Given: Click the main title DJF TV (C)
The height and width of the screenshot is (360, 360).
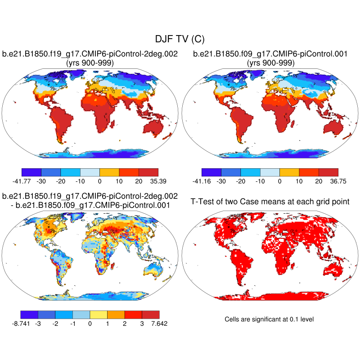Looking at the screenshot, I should tap(180, 40).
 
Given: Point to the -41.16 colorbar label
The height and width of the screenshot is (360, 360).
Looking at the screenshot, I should tap(202, 181).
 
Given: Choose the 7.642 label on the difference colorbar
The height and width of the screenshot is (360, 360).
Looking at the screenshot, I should tap(158, 323).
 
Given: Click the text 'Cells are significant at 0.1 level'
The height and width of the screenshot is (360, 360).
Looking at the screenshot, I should tap(269, 319).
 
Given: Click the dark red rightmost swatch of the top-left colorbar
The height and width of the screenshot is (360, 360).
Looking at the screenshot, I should tap(148, 172).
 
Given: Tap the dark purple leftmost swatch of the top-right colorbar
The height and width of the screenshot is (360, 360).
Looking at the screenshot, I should tap(211, 172).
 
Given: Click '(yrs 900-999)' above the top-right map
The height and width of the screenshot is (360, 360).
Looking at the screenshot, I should tap(270, 63).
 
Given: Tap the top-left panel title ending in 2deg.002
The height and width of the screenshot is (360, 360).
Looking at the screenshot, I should tap(90, 54).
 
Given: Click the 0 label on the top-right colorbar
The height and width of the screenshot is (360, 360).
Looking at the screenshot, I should tap(279, 181).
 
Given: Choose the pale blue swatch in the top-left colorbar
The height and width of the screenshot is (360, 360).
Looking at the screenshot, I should tap(90, 172).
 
